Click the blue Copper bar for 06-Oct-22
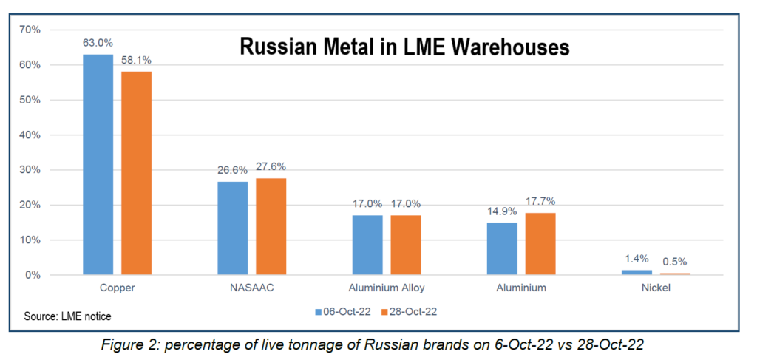98,164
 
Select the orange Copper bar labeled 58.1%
136,173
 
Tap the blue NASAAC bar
233,228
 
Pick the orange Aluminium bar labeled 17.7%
540,244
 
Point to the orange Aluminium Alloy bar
406,245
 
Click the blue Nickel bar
636,272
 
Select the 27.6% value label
271,167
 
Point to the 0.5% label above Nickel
674,262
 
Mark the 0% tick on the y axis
33,275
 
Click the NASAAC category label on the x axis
251,288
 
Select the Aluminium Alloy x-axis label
387,288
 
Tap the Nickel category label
655,288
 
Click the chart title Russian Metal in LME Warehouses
404,47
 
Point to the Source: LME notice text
67,316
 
